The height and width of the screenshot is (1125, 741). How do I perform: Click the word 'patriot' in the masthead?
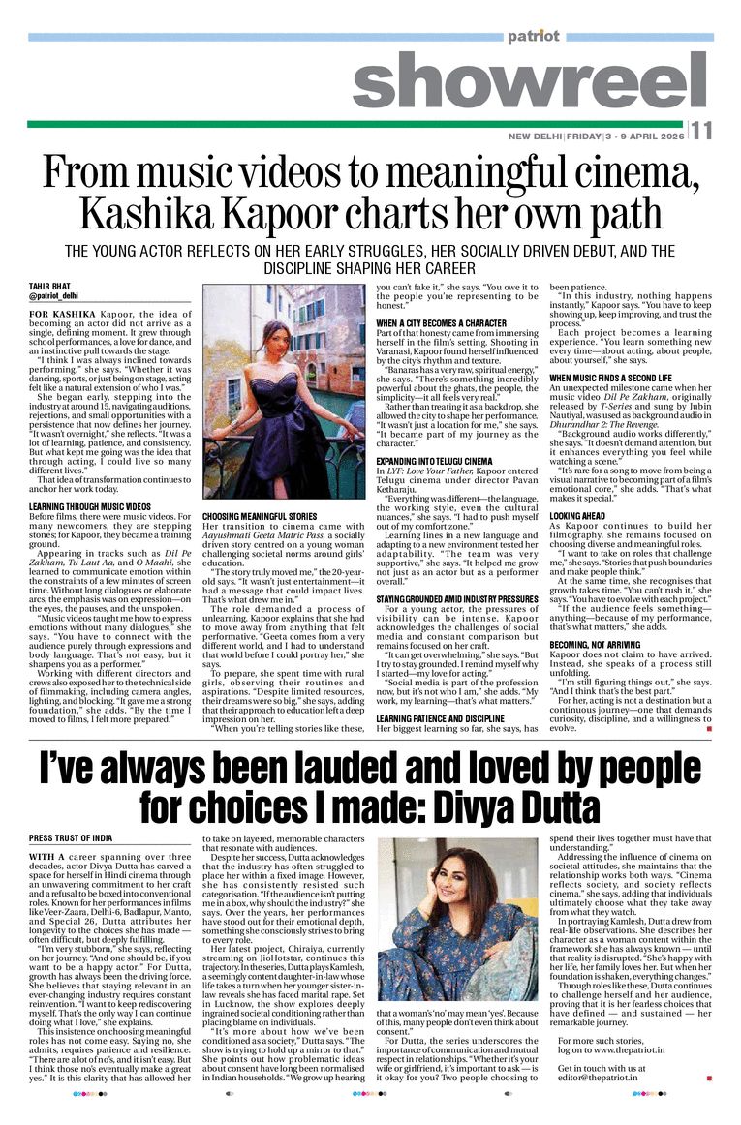[533, 37]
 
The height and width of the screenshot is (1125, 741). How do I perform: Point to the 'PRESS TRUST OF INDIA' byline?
[71, 837]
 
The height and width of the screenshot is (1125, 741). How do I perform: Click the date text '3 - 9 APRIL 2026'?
[647, 137]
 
